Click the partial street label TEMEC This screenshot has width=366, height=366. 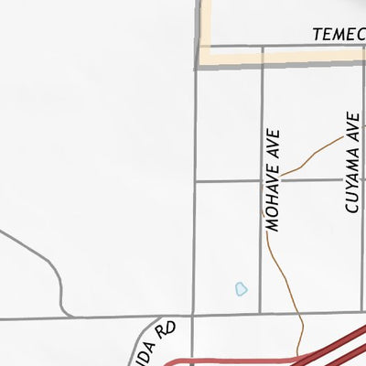point(338,34)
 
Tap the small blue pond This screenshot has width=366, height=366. point(241,289)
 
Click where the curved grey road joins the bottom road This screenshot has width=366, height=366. point(63,318)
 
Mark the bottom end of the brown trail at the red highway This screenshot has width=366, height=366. point(303,353)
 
